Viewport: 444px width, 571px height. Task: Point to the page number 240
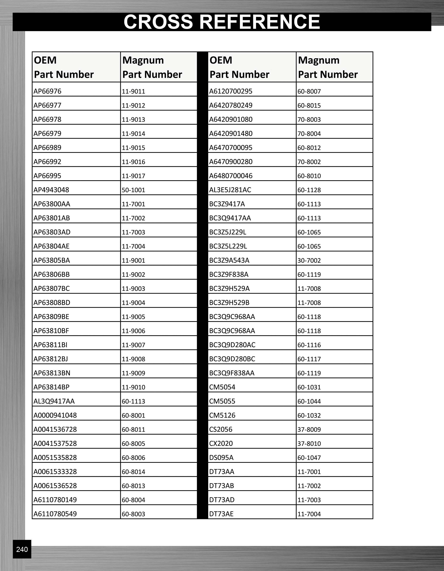[x=22, y=549]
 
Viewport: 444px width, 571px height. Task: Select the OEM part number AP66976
[x=47, y=91]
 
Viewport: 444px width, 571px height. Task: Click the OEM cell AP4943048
[x=51, y=190]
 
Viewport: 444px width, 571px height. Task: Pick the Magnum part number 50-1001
[x=133, y=190]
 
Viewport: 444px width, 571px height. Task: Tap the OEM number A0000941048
[x=55, y=415]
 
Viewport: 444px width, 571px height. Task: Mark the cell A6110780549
[x=55, y=514]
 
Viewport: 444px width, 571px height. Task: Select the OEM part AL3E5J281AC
[x=230, y=190]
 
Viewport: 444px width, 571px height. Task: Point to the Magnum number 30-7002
[x=309, y=260]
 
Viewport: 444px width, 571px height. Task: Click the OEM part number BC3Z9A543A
[x=229, y=260]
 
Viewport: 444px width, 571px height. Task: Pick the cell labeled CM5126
[x=222, y=415]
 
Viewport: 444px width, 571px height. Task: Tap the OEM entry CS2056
[x=221, y=429]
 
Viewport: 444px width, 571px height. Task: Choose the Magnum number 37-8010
[x=309, y=444]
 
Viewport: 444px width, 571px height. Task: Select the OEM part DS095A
[x=221, y=457]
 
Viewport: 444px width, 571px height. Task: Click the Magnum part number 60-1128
[x=309, y=190]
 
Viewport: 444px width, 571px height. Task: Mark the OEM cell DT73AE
[x=221, y=514]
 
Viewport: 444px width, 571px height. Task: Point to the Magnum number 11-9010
[x=133, y=387]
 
